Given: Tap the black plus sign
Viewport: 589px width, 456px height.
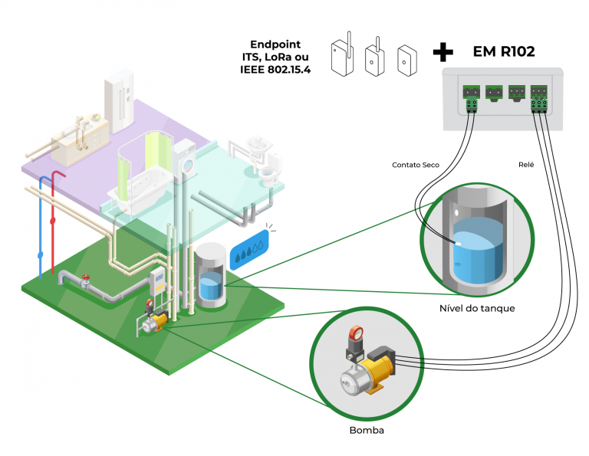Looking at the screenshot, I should [443, 52].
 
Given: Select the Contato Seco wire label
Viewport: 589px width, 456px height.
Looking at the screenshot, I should [415, 165].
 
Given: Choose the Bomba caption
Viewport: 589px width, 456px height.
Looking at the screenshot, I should [366, 430].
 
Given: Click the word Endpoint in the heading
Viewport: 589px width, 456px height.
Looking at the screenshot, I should [276, 44].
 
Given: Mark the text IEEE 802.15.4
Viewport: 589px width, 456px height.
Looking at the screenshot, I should [276, 71].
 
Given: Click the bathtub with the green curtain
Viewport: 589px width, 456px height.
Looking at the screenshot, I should [140, 182].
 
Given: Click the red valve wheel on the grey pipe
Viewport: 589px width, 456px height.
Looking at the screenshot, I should [87, 277].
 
